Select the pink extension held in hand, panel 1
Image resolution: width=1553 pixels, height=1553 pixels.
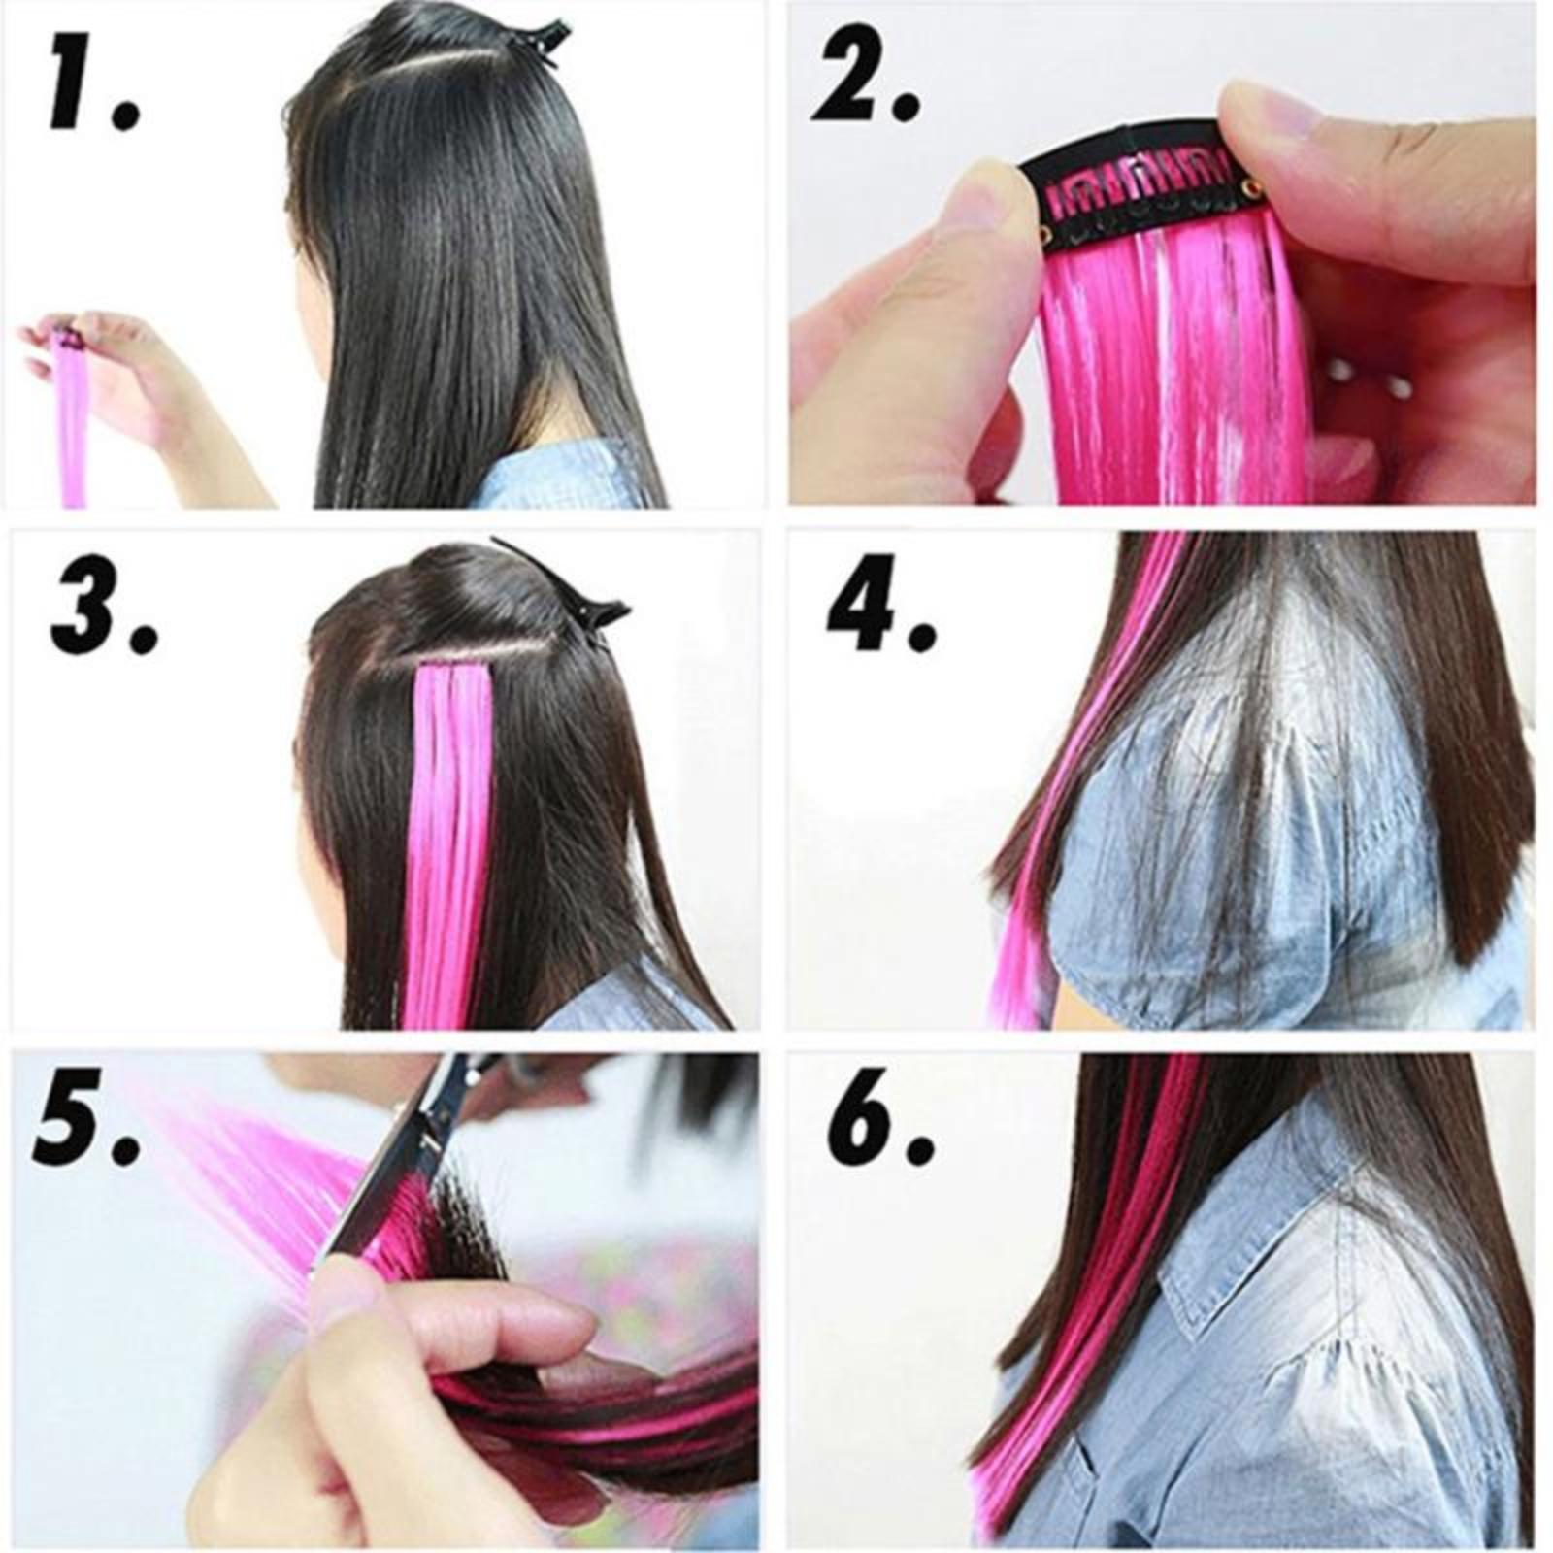(70, 417)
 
